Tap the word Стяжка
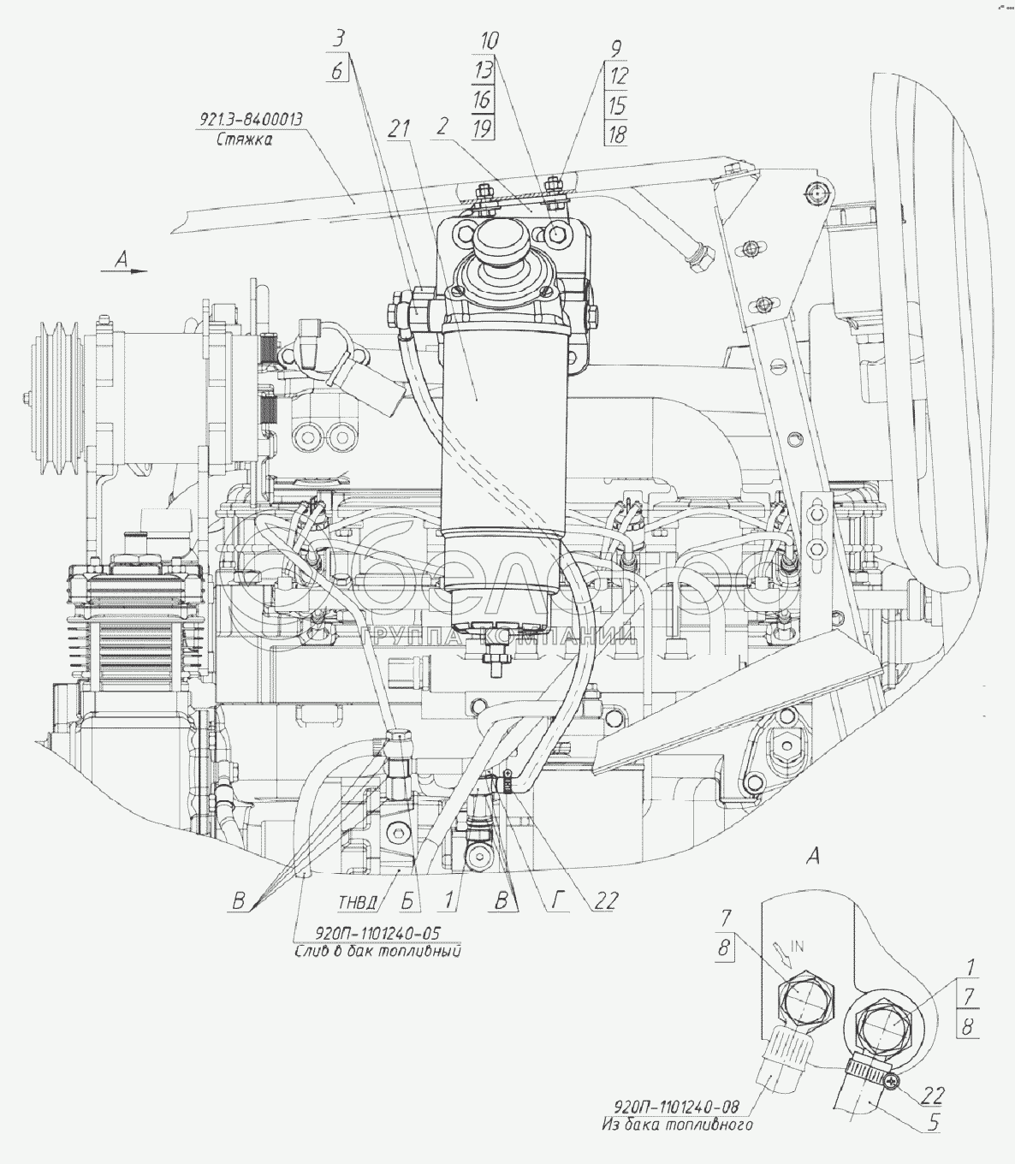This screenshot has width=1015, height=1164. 244,141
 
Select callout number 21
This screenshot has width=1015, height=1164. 399,128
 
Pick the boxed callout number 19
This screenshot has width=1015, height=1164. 482,129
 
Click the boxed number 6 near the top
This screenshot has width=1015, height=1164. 338,72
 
